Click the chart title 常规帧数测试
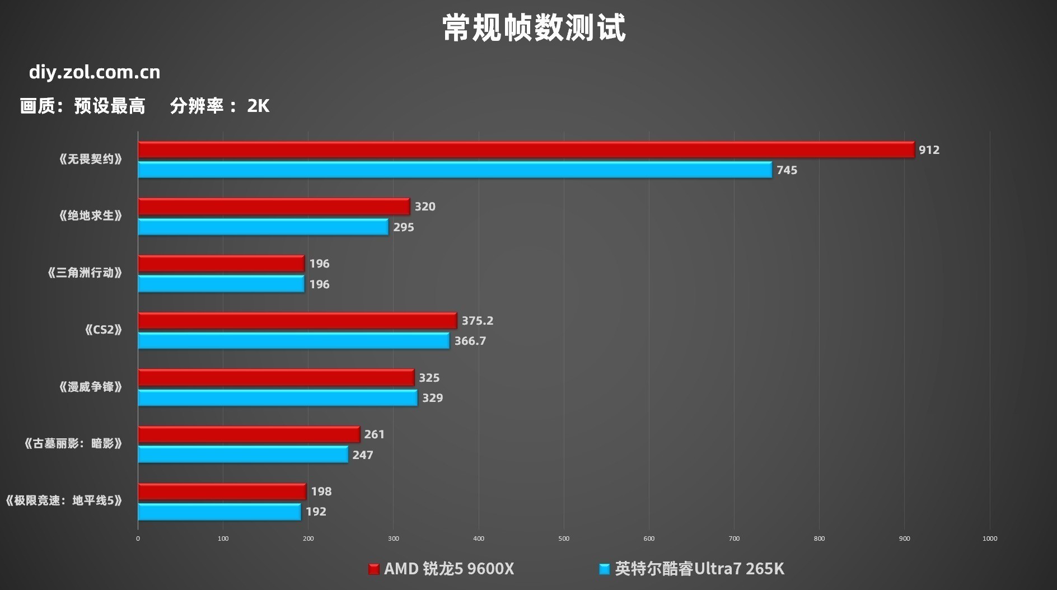tap(534, 28)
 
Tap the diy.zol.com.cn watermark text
tap(95, 72)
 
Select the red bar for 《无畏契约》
tap(526, 149)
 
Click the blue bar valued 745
tap(455, 170)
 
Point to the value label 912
tap(929, 150)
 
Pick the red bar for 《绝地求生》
tap(274, 207)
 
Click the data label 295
tap(403, 227)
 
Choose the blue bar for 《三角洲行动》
tap(221, 284)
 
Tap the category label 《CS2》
tap(103, 330)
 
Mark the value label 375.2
tap(477, 321)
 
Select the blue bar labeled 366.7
tap(293, 341)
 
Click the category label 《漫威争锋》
tap(90, 387)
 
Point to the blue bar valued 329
tap(278, 398)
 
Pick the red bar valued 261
tap(249, 434)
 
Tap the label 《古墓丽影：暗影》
tap(73, 444)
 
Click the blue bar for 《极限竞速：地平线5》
tap(219, 512)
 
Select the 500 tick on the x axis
tap(564, 539)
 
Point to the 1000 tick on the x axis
tap(989, 539)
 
